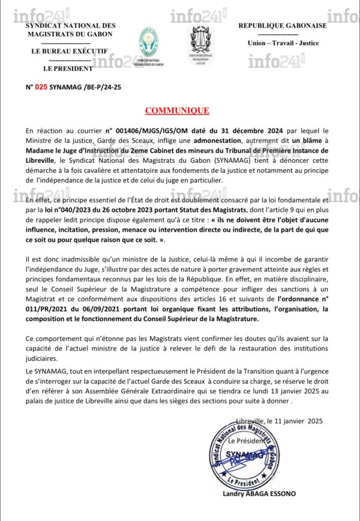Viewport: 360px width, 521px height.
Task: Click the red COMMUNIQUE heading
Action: tap(177, 110)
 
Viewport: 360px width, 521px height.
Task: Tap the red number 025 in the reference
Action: tap(41, 87)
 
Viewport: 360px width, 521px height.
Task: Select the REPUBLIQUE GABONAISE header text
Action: tap(283, 25)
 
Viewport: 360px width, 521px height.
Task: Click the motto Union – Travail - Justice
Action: tap(283, 43)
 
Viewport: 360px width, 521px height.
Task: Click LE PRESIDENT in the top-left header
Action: tap(64, 68)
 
